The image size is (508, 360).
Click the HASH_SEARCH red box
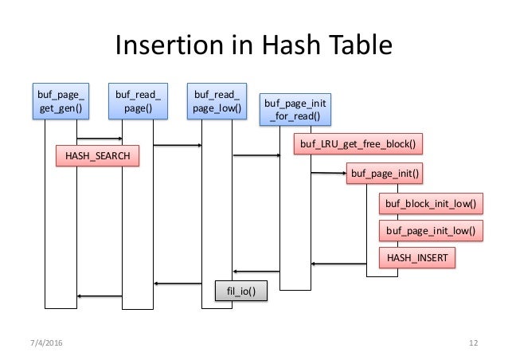coord(96,156)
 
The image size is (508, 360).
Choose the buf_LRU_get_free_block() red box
coord(359,144)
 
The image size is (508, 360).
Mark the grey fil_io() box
coord(241,292)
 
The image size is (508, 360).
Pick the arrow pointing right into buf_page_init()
coord(328,173)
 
